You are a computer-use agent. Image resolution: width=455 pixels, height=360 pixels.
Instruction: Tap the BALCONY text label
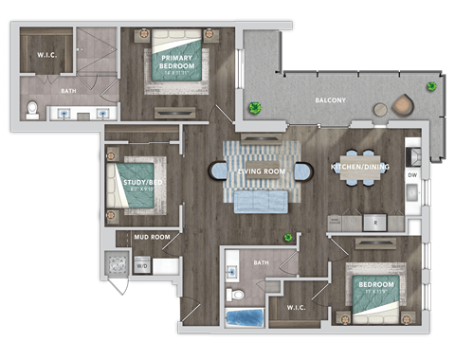(x=333, y=100)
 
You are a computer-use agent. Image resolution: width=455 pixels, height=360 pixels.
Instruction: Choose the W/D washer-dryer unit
(x=142, y=266)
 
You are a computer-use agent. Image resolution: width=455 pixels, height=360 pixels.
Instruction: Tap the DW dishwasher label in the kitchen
(x=411, y=175)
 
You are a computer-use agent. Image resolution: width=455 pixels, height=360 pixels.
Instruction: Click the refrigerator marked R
(x=375, y=222)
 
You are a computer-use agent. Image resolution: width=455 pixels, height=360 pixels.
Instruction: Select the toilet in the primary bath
(x=32, y=111)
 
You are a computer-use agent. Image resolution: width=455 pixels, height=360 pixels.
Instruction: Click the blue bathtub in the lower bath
(x=246, y=316)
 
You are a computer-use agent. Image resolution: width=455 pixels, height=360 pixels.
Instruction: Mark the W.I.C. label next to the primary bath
(x=48, y=54)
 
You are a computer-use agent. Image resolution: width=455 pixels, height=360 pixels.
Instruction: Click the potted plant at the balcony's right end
(x=431, y=87)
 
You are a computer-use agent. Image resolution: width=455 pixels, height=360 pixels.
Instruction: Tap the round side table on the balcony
(x=380, y=110)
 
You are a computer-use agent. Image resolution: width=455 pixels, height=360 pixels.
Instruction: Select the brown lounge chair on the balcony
(x=404, y=103)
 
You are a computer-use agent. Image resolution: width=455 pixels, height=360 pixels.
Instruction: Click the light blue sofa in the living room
(x=261, y=200)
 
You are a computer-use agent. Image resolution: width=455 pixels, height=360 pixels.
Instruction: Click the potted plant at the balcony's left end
(x=254, y=108)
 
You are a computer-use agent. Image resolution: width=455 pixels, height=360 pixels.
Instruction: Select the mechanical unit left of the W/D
(x=118, y=265)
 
